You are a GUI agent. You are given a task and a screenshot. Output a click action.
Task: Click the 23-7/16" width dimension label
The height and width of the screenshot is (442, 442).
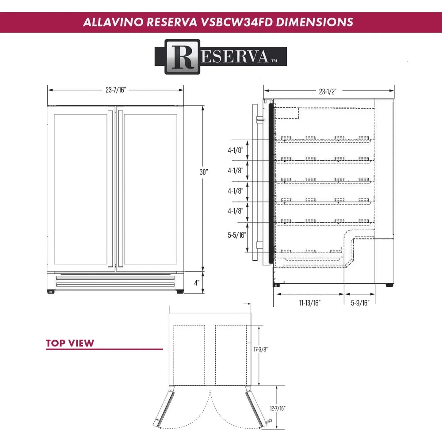(x=116, y=90)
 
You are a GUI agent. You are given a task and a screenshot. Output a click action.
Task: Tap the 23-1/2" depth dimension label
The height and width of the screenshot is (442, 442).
(x=328, y=92)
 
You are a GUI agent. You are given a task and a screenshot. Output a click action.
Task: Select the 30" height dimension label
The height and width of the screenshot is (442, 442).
(x=203, y=173)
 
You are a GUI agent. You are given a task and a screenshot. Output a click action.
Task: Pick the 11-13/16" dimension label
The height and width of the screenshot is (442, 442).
(x=309, y=303)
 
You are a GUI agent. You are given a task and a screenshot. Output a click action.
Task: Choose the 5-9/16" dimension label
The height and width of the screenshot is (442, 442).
(x=360, y=303)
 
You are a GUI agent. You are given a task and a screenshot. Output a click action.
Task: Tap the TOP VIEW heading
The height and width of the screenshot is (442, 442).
(x=70, y=343)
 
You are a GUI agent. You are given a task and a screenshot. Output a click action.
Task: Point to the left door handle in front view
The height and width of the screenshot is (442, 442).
(x=110, y=189)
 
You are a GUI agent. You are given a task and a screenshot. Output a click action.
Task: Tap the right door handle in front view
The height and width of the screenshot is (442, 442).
(x=120, y=189)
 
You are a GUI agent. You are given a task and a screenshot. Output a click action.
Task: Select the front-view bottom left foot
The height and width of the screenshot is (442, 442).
(x=50, y=292)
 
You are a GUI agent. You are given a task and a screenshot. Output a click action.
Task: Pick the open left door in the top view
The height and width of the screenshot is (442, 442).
(x=165, y=406)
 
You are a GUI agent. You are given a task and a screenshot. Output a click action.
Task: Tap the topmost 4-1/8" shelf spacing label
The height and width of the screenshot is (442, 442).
(x=236, y=151)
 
